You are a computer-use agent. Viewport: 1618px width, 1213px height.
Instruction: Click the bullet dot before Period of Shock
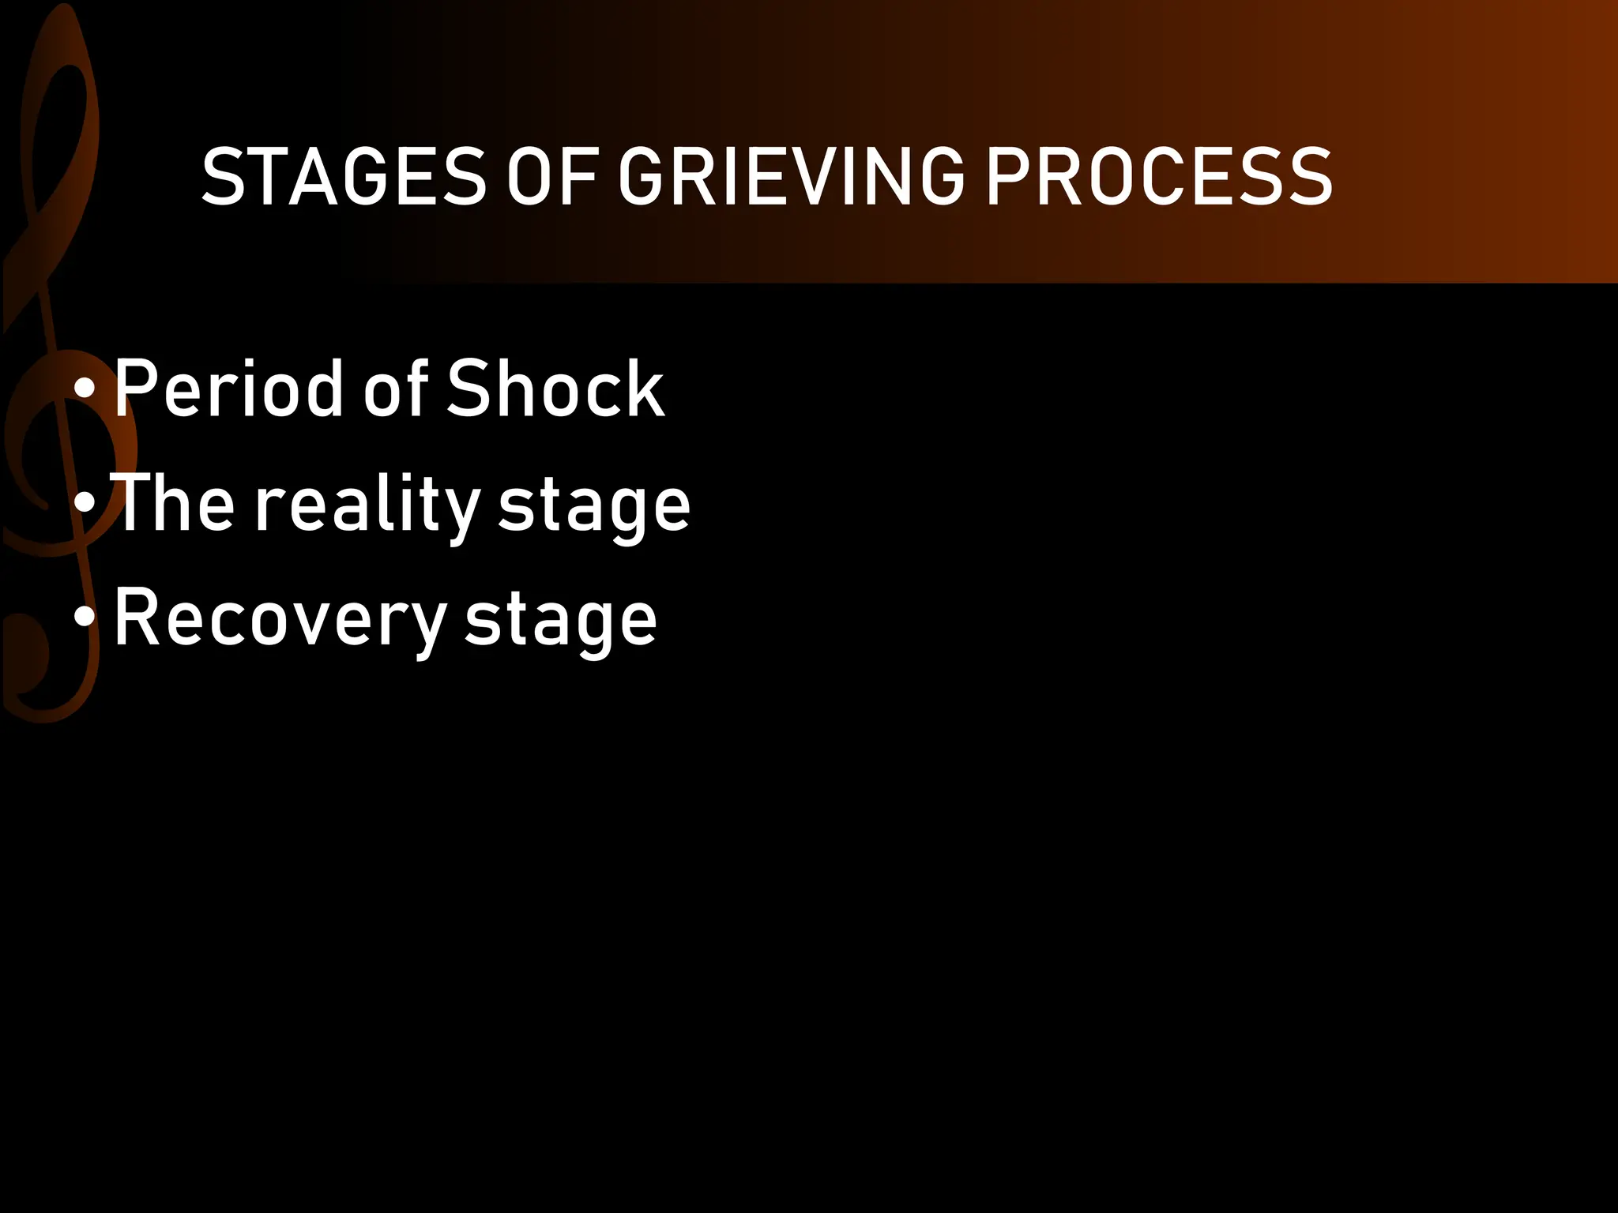point(85,389)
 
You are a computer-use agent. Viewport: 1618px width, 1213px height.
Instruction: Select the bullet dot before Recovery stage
point(85,618)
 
